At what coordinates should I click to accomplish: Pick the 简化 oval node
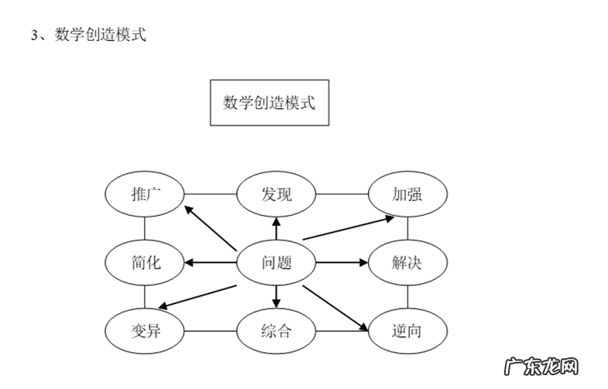[144, 262]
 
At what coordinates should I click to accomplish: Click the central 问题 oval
[276, 262]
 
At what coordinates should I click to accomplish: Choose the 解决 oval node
[407, 262]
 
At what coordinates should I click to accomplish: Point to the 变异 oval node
[144, 332]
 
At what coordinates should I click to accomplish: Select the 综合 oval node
[276, 332]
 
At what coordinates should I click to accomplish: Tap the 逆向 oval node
[407, 332]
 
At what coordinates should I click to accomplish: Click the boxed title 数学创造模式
[269, 102]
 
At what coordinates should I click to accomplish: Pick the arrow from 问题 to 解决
[342, 262]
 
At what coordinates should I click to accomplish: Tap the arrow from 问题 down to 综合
[276, 295]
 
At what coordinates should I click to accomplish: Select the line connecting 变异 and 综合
[209, 332]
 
